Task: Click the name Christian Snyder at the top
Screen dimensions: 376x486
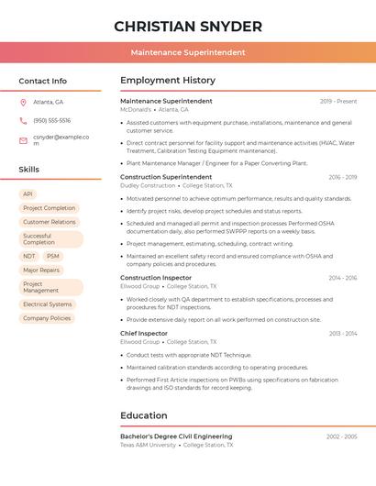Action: pos(187,27)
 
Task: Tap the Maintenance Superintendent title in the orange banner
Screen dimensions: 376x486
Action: pos(187,52)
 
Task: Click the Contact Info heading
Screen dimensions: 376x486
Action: pos(43,81)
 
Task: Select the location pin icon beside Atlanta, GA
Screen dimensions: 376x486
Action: pos(23,102)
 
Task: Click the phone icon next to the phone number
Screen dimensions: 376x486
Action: pos(23,120)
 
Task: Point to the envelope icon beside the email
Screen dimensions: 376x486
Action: pos(23,140)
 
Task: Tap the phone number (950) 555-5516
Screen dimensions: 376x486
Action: pos(52,120)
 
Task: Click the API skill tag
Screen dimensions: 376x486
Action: pos(28,194)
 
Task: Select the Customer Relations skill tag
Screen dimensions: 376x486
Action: pos(50,222)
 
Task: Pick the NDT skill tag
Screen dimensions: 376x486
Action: pos(29,257)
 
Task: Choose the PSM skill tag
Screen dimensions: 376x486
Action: pos(53,257)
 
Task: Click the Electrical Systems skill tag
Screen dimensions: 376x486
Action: pos(48,304)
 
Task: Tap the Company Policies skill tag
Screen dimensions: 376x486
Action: pos(47,318)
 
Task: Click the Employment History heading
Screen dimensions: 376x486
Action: pos(167,81)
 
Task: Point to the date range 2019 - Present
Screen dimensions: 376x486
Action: pos(338,101)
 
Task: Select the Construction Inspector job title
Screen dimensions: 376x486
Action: pos(156,277)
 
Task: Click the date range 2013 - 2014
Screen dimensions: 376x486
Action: pos(343,334)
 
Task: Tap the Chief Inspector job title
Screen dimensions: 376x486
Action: pos(144,334)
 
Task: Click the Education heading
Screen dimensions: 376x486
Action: pos(144,415)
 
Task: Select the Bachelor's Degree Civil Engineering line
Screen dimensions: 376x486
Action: pos(176,436)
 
